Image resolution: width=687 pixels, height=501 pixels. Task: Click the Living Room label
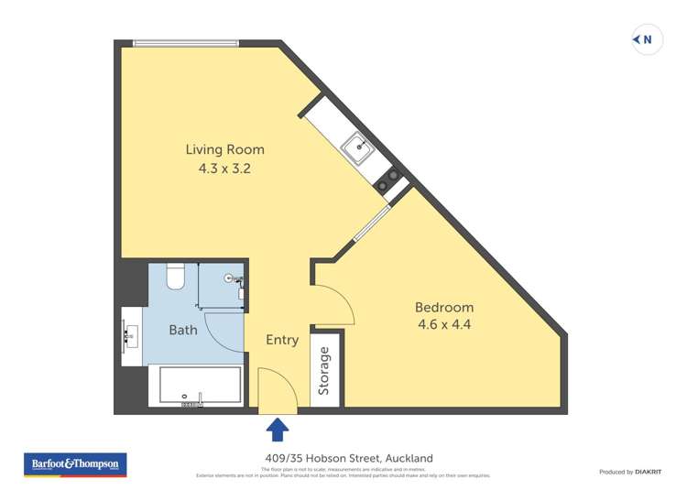224,149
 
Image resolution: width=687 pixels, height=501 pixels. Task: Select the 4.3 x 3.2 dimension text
224,169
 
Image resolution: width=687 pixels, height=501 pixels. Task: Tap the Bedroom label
444,307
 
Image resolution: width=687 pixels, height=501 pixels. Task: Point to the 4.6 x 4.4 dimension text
444,324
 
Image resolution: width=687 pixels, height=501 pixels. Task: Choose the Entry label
282,340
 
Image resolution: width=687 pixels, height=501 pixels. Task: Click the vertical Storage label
323,371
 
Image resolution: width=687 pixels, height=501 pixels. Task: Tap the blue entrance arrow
278,429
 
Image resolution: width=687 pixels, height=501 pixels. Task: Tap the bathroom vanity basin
130,336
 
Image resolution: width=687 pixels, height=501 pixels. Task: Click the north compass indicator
647,39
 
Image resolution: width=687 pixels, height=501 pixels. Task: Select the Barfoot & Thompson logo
75,464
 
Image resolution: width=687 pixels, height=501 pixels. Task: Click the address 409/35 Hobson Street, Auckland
343,458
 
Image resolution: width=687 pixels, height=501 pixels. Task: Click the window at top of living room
186,43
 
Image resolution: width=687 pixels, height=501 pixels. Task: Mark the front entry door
278,392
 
